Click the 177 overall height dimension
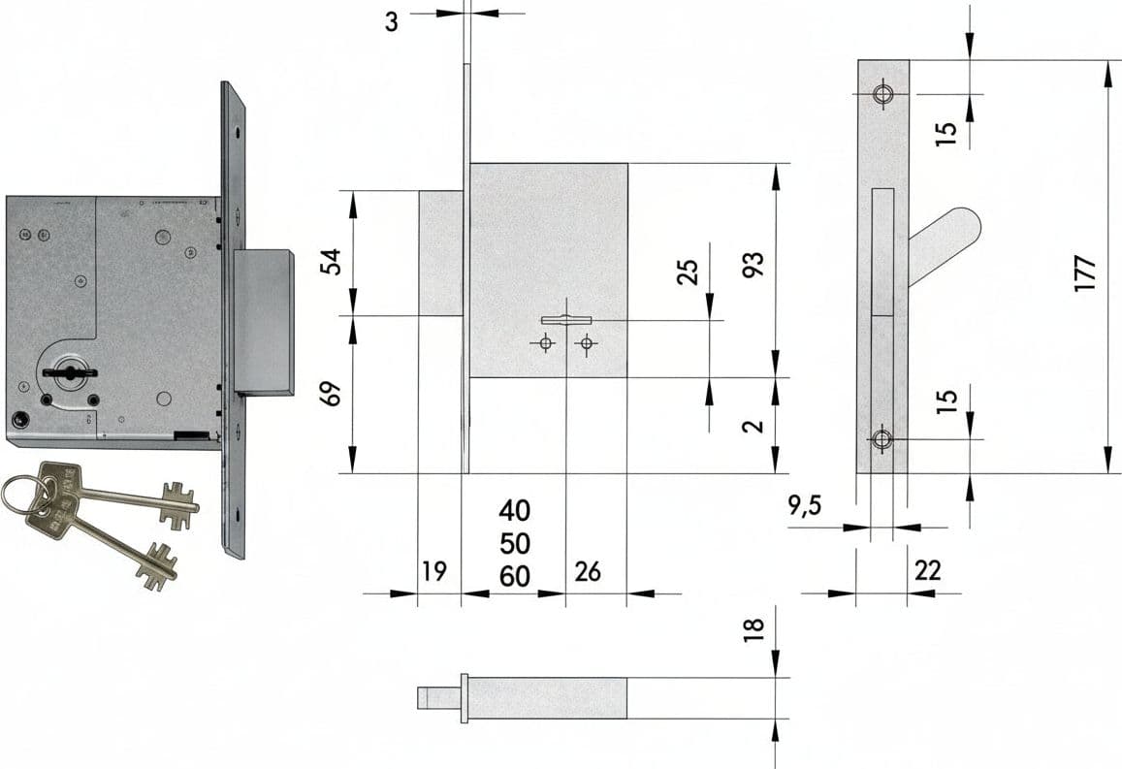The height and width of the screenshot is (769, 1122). coord(1085,272)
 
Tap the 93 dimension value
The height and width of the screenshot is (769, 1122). coord(753,264)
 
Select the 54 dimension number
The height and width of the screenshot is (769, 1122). coord(331,261)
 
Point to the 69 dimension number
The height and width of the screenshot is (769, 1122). coord(331,394)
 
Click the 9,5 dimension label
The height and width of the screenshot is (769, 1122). coord(805,506)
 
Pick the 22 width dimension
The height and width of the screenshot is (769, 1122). coord(927,571)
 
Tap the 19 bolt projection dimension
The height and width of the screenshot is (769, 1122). coord(434,571)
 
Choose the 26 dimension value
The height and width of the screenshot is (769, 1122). coord(588,571)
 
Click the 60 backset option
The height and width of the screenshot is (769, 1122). coord(515,576)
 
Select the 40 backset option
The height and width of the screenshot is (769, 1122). coord(515,511)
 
